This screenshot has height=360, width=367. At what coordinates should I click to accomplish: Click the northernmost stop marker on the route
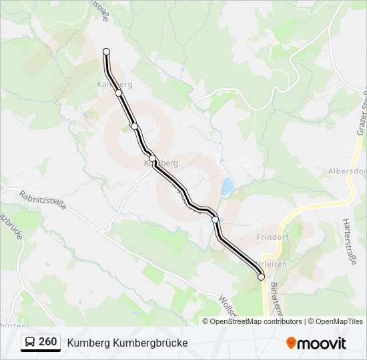click(106, 51)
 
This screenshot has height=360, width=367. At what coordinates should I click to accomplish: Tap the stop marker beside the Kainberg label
click(119, 93)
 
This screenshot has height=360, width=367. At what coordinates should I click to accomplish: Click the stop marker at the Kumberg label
click(153, 158)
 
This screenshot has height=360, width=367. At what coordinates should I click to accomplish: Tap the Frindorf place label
click(273, 237)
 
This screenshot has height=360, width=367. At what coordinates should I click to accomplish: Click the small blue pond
click(228, 186)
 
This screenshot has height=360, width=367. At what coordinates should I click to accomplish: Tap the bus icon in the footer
click(30, 343)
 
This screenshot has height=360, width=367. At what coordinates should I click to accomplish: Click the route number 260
click(48, 342)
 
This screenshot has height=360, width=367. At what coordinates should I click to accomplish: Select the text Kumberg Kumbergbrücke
click(127, 343)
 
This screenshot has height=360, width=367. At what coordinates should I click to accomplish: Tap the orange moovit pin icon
click(292, 343)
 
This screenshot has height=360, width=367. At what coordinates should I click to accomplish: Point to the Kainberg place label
click(114, 85)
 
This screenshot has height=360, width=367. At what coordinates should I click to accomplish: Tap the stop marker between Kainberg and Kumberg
click(135, 126)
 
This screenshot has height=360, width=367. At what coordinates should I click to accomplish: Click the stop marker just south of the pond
click(215, 219)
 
